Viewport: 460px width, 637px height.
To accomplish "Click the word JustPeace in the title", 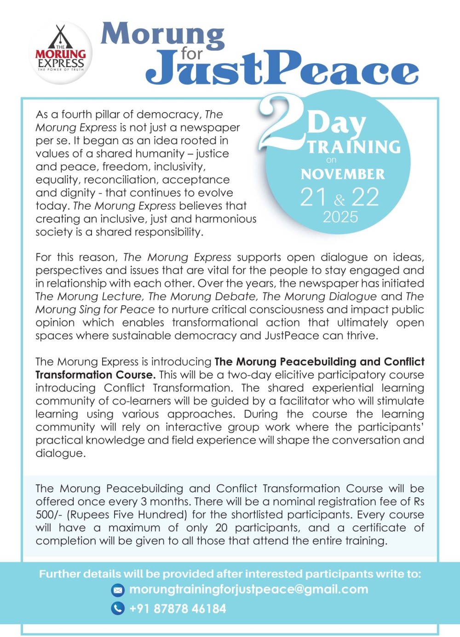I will tap(282, 69).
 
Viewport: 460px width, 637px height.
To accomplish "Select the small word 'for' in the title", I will tap(191, 53).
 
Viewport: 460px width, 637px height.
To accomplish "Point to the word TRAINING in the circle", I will tap(354, 147).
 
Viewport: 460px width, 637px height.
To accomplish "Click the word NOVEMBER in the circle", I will tap(343, 174).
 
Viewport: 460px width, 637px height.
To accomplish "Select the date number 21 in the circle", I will tap(314, 197).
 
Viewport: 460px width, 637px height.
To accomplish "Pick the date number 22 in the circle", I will tap(365, 197).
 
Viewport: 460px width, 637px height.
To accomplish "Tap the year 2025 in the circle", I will tap(340, 217).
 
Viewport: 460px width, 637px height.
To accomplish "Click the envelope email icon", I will tap(118, 590).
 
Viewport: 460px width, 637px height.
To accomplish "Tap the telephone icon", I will tap(118, 609).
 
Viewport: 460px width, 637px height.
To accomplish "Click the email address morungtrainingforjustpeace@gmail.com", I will tap(248, 589).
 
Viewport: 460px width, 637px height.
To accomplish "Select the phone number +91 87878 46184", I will tap(178, 609).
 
